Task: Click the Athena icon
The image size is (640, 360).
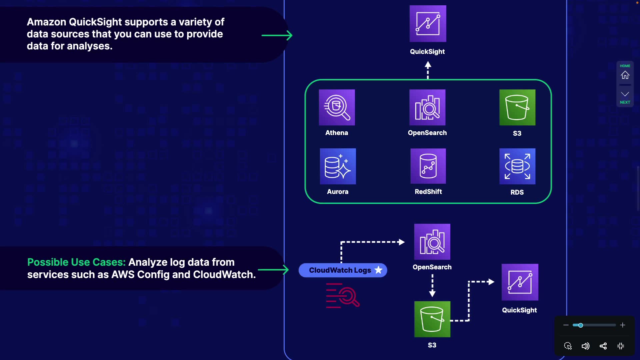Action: point(337,107)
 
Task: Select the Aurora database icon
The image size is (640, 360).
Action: point(338,166)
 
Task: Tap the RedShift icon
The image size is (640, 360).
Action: point(428,166)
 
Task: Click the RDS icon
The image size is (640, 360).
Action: point(517,166)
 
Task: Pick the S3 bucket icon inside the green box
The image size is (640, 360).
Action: point(517,107)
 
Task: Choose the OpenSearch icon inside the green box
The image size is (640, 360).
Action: point(427,107)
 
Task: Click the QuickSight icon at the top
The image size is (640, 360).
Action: point(428,24)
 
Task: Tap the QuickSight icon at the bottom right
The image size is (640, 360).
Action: point(520,282)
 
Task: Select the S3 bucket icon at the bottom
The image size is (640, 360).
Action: point(432,319)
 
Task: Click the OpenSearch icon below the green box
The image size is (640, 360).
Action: point(432,242)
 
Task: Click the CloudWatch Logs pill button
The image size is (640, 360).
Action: point(340,270)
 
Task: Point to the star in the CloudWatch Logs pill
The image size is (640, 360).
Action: point(379,270)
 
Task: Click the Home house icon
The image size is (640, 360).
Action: point(625,75)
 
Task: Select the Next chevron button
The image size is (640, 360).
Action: point(625,95)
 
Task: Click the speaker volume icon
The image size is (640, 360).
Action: point(585,346)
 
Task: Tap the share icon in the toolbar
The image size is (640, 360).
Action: point(603,346)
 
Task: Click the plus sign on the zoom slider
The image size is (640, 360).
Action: point(623,325)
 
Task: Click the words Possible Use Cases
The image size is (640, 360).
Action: point(76,262)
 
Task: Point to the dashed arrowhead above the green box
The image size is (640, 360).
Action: point(428,65)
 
